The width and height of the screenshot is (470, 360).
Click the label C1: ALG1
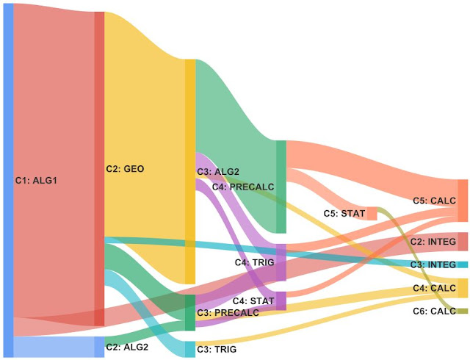tap(37, 179)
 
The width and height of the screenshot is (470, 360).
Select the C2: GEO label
tap(125, 169)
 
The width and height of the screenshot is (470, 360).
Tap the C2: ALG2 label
tap(128, 347)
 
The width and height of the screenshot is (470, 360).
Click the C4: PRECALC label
tap(243, 187)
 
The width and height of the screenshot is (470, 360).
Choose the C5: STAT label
tap(344, 214)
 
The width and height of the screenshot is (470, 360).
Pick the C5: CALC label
tap(434, 200)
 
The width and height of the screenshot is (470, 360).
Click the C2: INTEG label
tap(433, 241)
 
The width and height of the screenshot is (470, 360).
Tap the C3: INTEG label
tap(433, 264)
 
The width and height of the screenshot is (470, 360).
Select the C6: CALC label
tap(434, 312)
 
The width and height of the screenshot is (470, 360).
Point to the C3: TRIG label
tap(217, 350)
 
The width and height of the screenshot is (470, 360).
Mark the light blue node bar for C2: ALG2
tap(99, 346)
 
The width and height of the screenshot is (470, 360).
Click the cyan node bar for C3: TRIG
tap(189, 350)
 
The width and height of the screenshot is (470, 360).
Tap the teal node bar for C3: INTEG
tap(463, 264)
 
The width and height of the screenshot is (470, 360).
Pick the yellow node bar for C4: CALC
tap(463, 288)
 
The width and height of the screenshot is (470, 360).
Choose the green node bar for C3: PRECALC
tap(189, 313)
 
